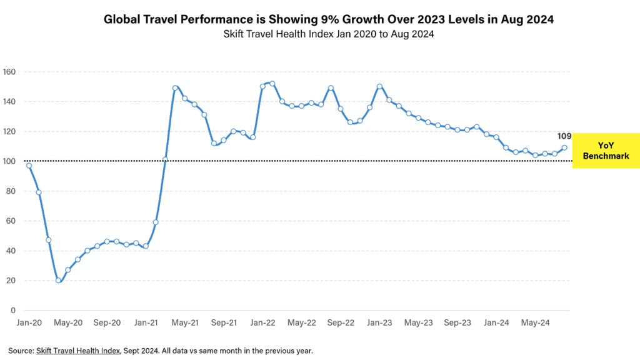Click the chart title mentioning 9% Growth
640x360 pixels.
tap(329, 20)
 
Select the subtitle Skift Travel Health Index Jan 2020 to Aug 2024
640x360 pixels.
tap(329, 34)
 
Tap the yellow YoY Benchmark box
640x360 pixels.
tap(606, 151)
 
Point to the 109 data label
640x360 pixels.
tap(564, 136)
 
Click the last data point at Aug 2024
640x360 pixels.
tap(564, 148)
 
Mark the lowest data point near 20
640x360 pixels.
tap(58, 281)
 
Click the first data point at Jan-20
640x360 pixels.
tap(29, 166)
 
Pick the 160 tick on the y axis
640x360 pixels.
tap(9, 71)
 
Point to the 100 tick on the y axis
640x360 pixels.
tap(9, 161)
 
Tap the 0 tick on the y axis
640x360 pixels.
tap(12, 311)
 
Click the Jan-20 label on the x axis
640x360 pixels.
tap(29, 323)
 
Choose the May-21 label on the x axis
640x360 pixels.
tap(185, 323)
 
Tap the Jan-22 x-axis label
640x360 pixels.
tap(262, 323)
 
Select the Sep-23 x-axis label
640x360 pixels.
tap(457, 323)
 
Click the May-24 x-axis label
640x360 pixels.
tap(536, 323)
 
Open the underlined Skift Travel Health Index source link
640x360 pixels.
tap(77, 351)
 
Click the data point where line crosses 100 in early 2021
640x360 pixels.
tap(166, 159)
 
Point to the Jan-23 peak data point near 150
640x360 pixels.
tap(379, 86)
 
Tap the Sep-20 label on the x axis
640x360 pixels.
tap(107, 323)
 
